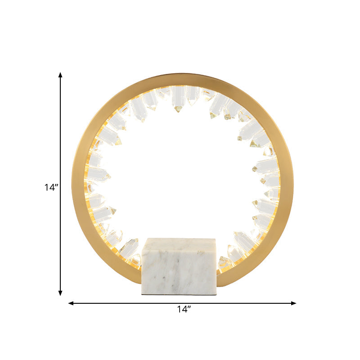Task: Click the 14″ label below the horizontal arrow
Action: click(184, 309)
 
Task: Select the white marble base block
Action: click(179, 266)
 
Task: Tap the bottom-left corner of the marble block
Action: click(142, 294)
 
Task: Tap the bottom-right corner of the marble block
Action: click(216, 294)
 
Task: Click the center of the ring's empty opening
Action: click(182, 175)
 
